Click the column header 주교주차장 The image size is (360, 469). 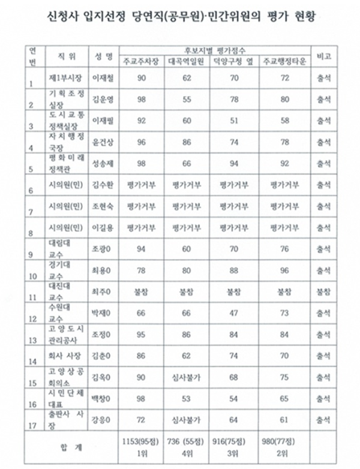pos(142,62)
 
